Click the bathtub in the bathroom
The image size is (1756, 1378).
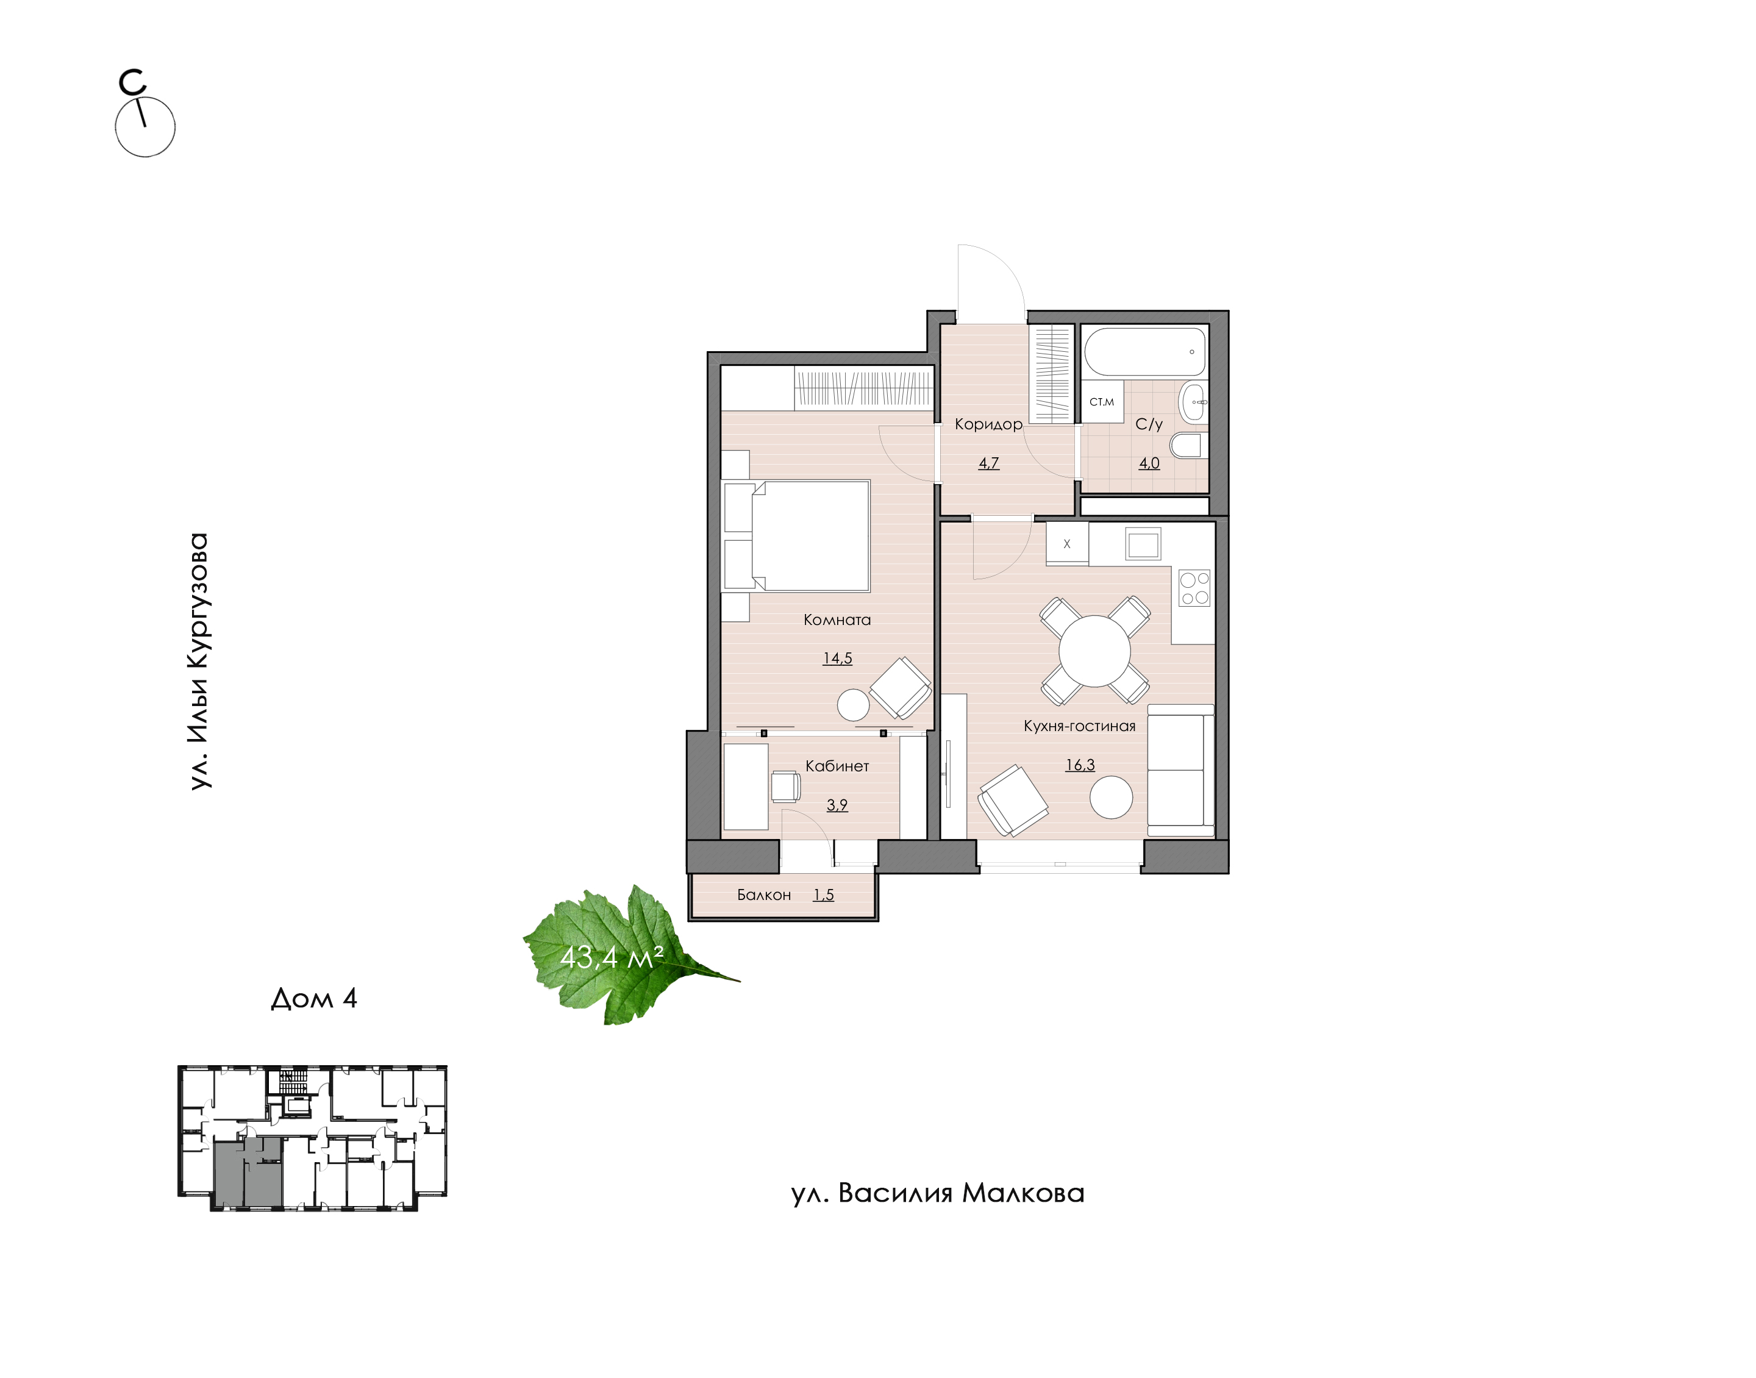point(1144,352)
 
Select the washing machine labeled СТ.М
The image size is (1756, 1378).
point(1102,401)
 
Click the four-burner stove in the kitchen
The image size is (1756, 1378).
point(1194,587)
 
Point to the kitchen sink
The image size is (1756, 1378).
point(1142,544)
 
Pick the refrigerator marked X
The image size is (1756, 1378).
point(1067,544)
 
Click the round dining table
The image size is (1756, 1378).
point(1094,651)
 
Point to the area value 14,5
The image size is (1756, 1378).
point(837,659)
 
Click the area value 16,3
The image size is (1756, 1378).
point(1080,765)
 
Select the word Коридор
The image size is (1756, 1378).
point(988,424)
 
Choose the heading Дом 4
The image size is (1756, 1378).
point(314,999)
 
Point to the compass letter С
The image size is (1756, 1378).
point(132,82)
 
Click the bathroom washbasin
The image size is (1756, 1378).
point(1193,402)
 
